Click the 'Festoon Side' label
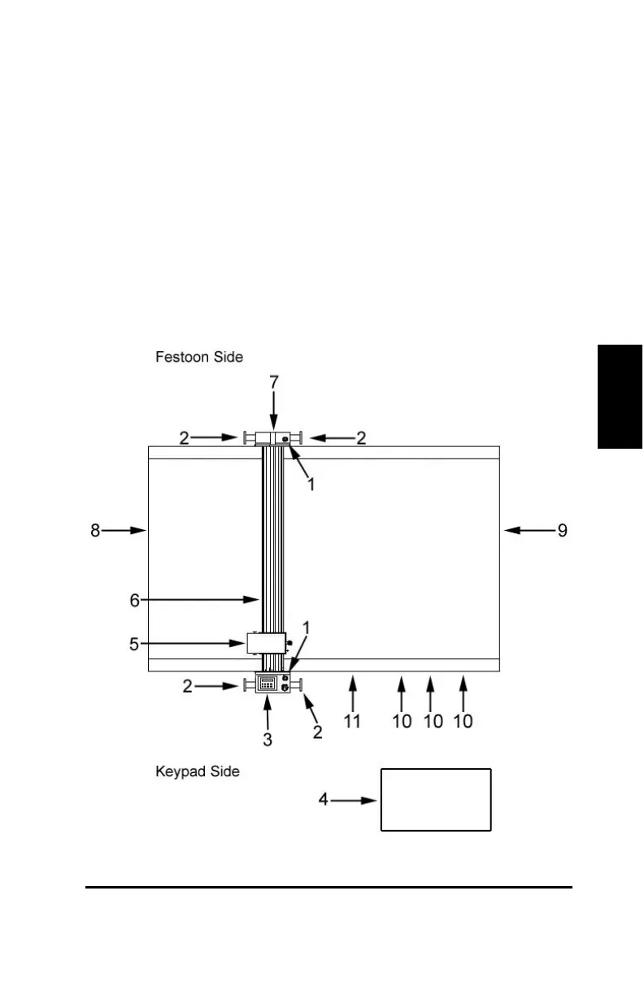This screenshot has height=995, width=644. pyautogui.click(x=199, y=357)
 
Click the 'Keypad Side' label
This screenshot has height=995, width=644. pyautogui.click(x=198, y=771)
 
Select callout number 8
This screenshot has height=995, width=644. pyautogui.click(x=96, y=531)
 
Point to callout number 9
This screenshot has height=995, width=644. pyautogui.click(x=561, y=531)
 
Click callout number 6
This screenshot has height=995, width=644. pyautogui.click(x=136, y=600)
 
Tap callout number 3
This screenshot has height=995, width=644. pyautogui.click(x=268, y=740)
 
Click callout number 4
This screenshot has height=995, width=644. pyautogui.click(x=324, y=800)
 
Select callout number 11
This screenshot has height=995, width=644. pyautogui.click(x=352, y=721)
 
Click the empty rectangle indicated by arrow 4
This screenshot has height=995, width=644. pyautogui.click(x=436, y=800)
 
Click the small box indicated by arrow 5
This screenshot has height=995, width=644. pyautogui.click(x=265, y=644)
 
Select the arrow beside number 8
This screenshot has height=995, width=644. pyautogui.click(x=125, y=531)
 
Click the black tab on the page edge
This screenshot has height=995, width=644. pyautogui.click(x=620, y=396)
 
